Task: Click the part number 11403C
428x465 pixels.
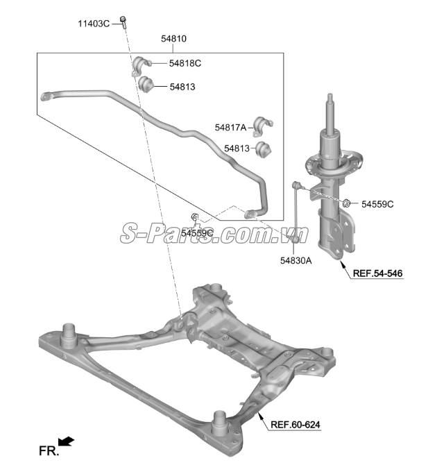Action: (x=94, y=24)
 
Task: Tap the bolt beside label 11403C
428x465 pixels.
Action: (x=123, y=22)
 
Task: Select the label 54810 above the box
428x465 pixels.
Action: (x=173, y=39)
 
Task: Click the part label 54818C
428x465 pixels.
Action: (x=185, y=63)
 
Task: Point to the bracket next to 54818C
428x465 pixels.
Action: (x=141, y=65)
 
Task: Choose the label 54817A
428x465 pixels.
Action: (x=230, y=128)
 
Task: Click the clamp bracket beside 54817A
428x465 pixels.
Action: (x=263, y=126)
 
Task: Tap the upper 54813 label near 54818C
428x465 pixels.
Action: (x=182, y=87)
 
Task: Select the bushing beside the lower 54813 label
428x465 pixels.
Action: (x=264, y=149)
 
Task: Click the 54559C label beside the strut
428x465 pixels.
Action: (x=377, y=204)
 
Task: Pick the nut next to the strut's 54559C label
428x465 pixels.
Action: (x=346, y=203)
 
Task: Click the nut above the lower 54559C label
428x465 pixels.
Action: (x=195, y=217)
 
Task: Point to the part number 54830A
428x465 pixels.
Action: (x=296, y=260)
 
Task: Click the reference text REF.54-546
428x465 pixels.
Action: (x=377, y=273)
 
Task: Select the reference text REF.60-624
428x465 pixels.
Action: (x=296, y=425)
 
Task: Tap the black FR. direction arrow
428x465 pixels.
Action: (x=66, y=441)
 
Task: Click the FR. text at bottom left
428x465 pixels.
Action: (x=49, y=451)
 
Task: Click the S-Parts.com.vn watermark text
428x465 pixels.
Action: (x=214, y=233)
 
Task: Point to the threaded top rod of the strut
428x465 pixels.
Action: (x=330, y=112)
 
